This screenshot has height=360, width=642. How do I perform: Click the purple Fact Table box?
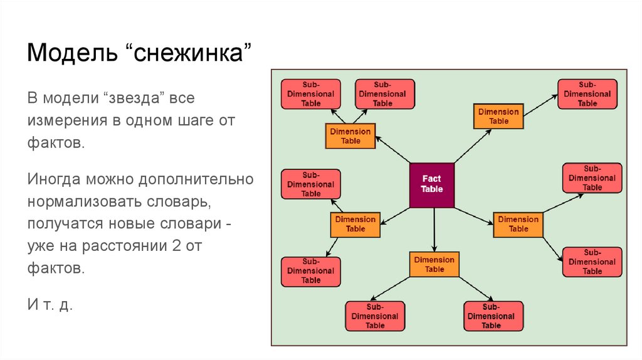tap(432, 185)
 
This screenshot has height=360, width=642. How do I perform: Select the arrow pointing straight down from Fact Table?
tap(434, 230)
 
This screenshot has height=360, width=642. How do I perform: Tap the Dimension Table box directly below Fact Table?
tap(434, 265)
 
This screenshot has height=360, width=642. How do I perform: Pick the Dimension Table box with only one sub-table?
tap(498, 116)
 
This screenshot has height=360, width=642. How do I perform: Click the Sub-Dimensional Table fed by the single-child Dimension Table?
tap(587, 94)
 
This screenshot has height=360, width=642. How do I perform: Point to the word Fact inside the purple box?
tap(431, 179)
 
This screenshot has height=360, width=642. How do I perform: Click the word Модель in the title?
tap(73, 53)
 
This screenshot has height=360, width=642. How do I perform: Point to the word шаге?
tap(196, 121)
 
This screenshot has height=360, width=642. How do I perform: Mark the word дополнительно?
tap(196, 179)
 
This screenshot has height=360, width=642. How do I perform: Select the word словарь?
tap(179, 202)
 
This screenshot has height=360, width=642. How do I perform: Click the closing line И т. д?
tap(50, 304)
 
